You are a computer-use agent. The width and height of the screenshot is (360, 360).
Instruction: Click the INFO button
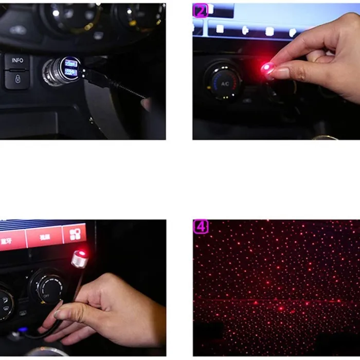17,61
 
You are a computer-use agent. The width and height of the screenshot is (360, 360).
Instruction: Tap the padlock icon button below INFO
17,79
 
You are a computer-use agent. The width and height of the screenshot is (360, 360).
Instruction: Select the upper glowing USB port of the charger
71,64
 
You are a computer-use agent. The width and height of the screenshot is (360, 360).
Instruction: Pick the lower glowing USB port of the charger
71,73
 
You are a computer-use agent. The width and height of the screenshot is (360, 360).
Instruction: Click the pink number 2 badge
200,10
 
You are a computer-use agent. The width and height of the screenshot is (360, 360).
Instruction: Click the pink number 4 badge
200,227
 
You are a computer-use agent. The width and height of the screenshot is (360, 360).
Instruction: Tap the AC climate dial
224,82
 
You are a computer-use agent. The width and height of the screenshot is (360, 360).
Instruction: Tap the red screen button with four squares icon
75,235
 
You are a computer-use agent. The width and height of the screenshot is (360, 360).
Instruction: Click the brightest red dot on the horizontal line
281,309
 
